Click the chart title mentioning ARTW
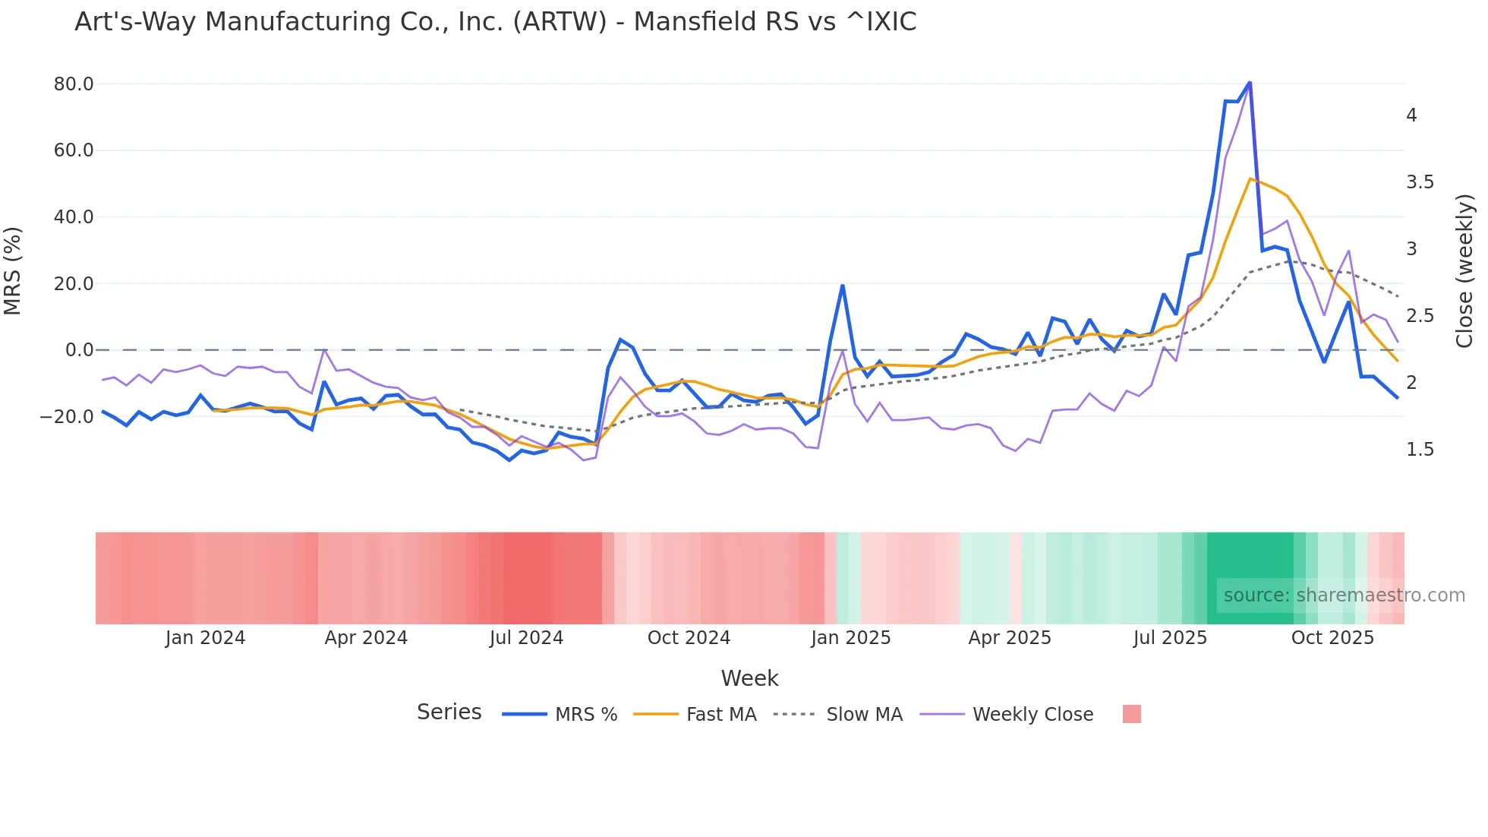point(495,22)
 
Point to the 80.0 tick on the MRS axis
point(74,84)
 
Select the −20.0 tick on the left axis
point(67,417)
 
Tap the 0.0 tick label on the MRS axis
point(79,350)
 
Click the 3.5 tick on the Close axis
point(1420,182)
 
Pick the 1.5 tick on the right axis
point(1420,450)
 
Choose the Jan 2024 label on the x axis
point(205,638)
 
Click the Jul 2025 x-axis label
point(1170,638)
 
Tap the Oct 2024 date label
point(689,638)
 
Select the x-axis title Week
point(749,678)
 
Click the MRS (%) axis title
point(12,271)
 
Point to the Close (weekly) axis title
point(1464,271)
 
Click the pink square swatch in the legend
point(1131,714)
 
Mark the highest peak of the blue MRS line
point(1250,83)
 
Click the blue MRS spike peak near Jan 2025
point(843,286)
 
